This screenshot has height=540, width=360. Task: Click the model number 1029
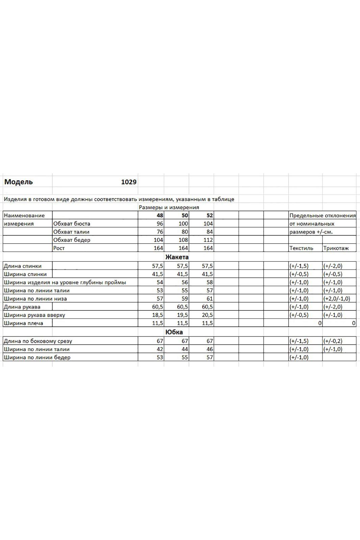point(129,182)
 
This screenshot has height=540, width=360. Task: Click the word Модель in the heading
point(19,182)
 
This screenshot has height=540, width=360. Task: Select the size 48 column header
point(160,215)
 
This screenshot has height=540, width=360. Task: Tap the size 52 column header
point(209,215)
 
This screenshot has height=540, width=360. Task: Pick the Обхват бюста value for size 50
point(183,223)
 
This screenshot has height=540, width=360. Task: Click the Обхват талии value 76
point(160,232)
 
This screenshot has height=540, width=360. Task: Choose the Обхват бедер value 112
point(208,240)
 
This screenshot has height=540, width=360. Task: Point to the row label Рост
point(59,248)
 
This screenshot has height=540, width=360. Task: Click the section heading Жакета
point(177,257)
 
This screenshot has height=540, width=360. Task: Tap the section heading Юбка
point(174,332)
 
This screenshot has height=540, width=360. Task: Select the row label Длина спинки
point(23,266)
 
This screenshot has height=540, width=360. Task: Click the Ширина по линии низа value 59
point(185,299)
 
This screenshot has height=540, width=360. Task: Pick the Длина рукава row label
point(22,307)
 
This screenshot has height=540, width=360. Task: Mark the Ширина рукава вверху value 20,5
point(207,315)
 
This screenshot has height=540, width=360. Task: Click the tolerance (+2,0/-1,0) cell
point(337,299)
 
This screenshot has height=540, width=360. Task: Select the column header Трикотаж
point(336,248)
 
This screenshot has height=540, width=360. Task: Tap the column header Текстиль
point(301,248)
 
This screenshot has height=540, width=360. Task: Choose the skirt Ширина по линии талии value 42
point(160,349)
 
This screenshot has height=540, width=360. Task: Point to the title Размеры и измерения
point(169,207)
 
